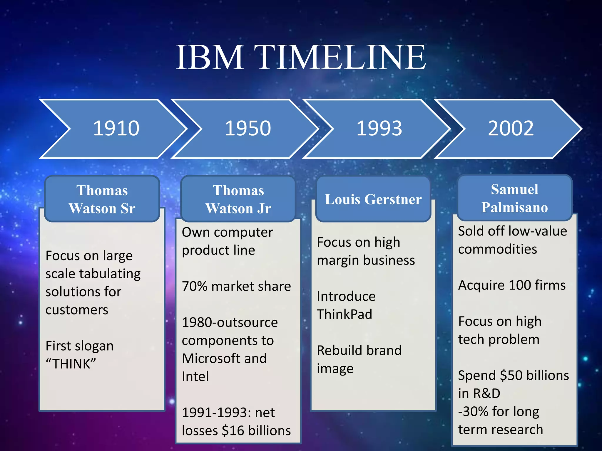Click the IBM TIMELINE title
(301, 57)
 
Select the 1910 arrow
(116, 129)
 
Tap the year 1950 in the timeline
(248, 129)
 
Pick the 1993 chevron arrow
(379, 129)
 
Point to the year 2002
(511, 129)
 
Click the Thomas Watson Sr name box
(102, 199)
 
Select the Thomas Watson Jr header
(238, 199)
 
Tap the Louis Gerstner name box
(373, 199)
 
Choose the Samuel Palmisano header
(514, 198)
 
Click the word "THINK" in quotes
(71, 364)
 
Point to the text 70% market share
(236, 286)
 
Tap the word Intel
(195, 377)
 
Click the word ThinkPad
(345, 314)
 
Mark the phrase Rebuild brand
(359, 351)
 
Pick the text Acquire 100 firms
(512, 285)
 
